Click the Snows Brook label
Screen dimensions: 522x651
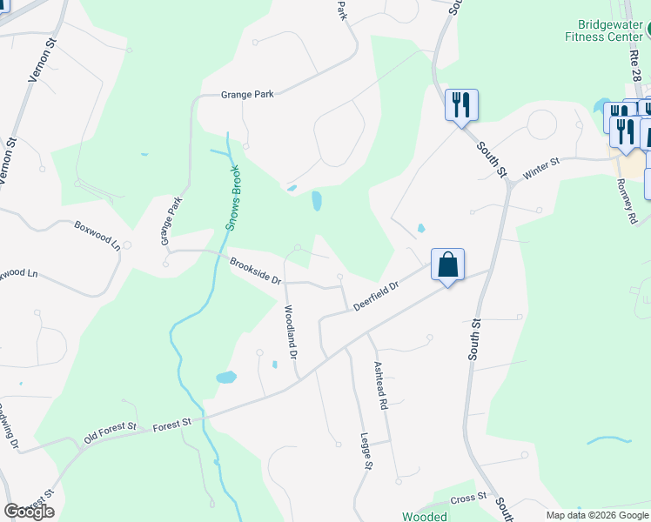coord(232,197)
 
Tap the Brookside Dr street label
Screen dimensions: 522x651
coord(256,271)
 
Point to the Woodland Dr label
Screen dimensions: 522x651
coord(292,332)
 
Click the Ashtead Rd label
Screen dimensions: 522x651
coord(379,385)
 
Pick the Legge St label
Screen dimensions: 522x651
coord(366,452)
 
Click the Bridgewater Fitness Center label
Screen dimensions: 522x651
coord(603,31)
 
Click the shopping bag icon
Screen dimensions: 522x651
coord(447,264)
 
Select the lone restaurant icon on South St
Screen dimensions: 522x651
coord(461,105)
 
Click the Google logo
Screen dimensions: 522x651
coord(29,512)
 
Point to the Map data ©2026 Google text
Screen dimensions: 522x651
coord(596,515)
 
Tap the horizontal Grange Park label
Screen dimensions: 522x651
coord(247,96)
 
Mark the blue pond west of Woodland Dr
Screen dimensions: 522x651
coord(226,378)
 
